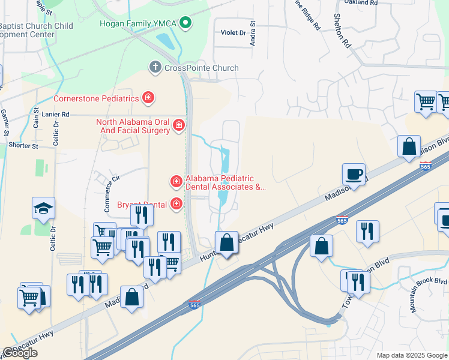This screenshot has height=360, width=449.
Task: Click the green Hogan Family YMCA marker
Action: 186,23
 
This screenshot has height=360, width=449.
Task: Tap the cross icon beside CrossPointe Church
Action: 155,67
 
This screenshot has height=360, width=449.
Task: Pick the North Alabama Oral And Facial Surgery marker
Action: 178,125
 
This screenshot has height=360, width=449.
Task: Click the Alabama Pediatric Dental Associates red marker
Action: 176,181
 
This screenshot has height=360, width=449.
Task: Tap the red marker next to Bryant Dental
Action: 176,204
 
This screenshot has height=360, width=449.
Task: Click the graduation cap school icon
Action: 44,208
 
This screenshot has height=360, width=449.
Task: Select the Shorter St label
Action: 23,145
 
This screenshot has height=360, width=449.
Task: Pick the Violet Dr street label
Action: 234,32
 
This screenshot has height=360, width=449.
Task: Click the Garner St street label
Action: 5,122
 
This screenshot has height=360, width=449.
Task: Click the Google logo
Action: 20,353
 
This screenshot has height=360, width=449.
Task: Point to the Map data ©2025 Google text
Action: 412,355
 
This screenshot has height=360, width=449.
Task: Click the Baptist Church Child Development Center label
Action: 36,30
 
